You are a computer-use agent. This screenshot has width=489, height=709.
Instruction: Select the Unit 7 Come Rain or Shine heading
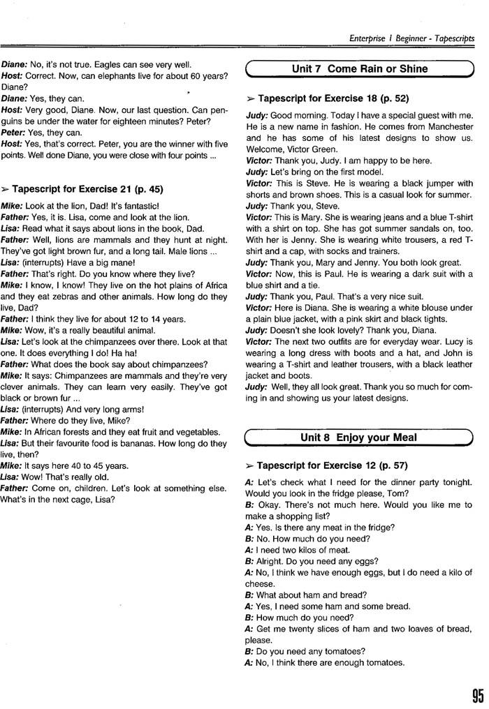pos(359,69)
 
